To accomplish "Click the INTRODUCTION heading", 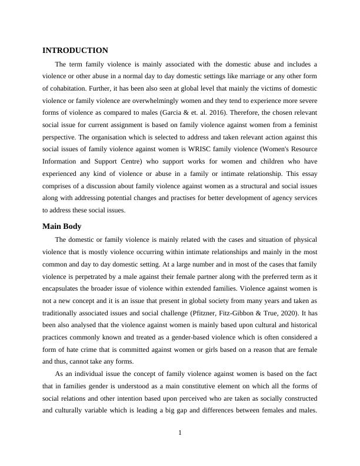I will tap(75, 51).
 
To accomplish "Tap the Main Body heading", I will tap(62, 227).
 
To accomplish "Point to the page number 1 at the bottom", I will tap(180, 434).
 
